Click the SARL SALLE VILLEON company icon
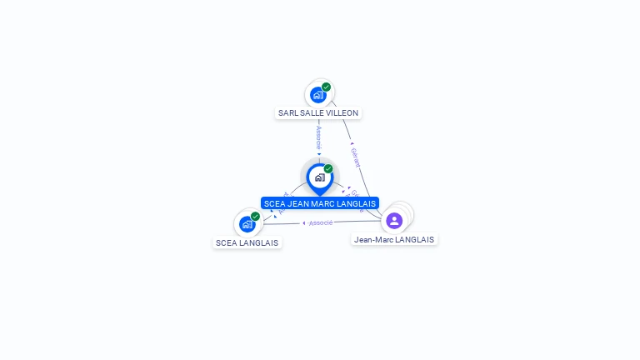click(317, 95)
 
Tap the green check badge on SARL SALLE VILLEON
click(326, 87)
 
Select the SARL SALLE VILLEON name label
click(318, 112)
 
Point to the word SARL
click(287, 112)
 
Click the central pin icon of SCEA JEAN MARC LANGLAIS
click(319, 177)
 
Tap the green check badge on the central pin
click(328, 169)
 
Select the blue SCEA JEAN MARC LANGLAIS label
click(320, 203)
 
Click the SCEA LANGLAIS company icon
click(247, 224)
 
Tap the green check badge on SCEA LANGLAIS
click(255, 217)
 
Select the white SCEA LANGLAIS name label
click(247, 242)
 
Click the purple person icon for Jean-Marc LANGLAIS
click(394, 221)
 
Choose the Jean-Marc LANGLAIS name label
click(394, 239)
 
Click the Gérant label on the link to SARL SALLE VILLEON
click(355, 155)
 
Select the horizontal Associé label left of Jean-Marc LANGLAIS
click(320, 222)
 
